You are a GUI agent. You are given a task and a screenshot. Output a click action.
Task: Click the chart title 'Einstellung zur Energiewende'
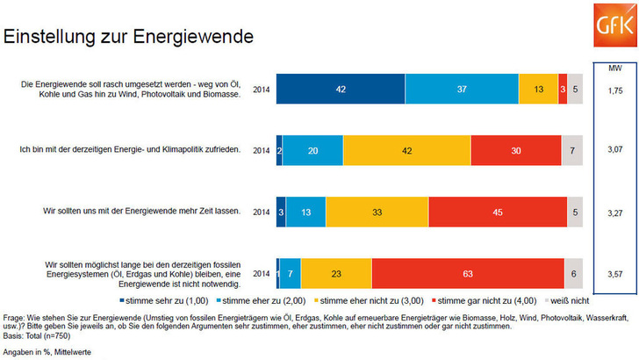pos(129,37)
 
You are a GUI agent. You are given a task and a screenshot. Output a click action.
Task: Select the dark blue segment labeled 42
pos(341,89)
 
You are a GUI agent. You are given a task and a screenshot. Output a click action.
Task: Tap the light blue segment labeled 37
pos(462,89)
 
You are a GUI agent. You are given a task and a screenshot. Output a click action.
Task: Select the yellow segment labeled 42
pos(406,150)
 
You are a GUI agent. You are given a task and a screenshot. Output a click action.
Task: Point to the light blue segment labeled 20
pos(313,150)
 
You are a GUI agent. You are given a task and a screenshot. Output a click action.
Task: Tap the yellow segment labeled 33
pos(377,212)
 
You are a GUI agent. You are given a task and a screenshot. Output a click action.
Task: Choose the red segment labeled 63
pos(467,273)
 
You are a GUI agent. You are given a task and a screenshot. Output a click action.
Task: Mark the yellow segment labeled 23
pos(336,273)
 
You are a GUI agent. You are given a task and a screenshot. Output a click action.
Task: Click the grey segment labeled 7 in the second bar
pos(571,150)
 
